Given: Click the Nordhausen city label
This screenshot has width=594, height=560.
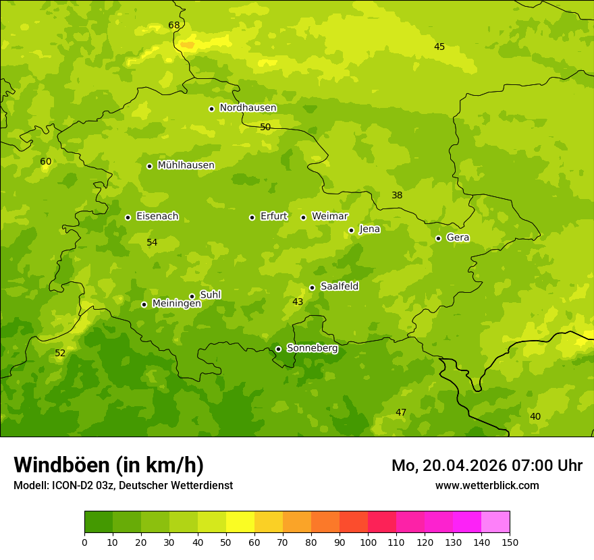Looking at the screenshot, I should (248, 108).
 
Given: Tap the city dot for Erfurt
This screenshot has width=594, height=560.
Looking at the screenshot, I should (252, 217).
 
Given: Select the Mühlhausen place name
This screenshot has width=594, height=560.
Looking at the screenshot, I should (186, 165).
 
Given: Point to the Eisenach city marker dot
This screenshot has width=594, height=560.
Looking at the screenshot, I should (128, 217).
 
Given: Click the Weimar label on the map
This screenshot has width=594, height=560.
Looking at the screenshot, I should (329, 217).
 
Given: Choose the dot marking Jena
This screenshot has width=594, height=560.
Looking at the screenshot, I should (351, 230).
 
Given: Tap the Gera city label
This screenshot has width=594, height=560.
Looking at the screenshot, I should (458, 237).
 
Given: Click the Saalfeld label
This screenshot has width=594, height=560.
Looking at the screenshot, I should (339, 287).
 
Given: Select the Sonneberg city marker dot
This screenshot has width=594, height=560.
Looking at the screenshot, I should (278, 349).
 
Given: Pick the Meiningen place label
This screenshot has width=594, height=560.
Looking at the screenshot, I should (176, 304).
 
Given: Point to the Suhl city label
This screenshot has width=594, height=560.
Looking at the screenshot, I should (210, 295).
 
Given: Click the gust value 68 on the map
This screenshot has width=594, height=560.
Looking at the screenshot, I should (174, 26).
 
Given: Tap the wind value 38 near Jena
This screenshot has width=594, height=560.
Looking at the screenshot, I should (397, 196).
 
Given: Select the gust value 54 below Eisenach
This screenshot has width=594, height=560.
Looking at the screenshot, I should (152, 242).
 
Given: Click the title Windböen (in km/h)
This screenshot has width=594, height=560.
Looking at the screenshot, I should (109, 465).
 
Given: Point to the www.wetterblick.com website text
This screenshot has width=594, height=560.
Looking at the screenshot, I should (487, 486).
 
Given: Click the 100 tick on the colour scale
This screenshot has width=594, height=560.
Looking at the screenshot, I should (368, 542).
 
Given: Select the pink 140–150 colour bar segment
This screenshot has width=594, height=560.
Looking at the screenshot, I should (495, 522).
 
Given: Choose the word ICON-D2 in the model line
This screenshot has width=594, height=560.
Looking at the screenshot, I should (74, 486).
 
